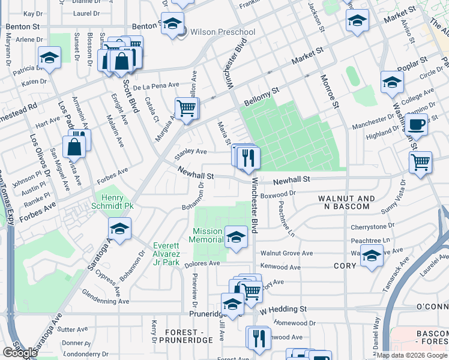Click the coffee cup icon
416,124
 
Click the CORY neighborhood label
345,265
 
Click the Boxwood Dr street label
279,194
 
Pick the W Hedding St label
283,309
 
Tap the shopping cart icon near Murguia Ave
187,109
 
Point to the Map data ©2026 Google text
411,355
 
